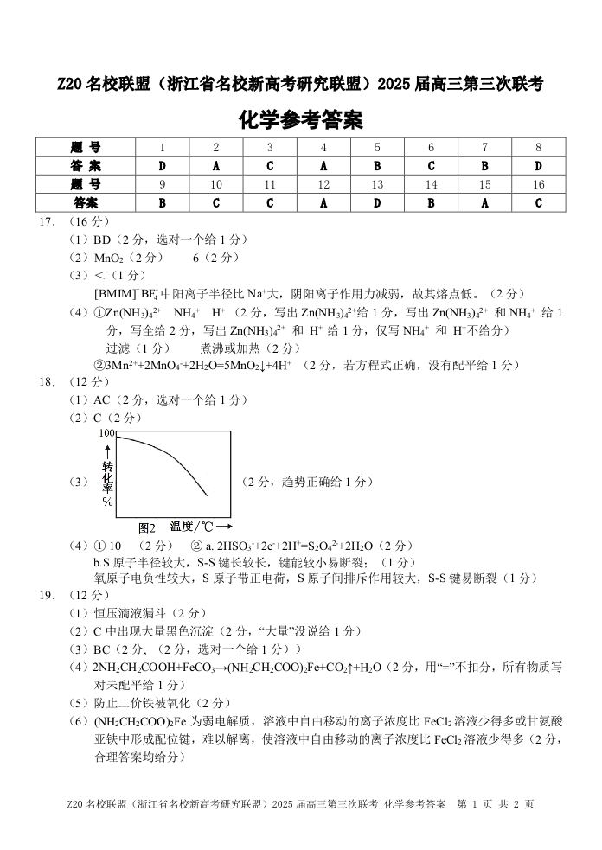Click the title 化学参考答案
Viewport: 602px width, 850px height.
pos(300,118)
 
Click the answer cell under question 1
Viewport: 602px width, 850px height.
pos(162,165)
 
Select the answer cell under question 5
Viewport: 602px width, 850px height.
pos(377,165)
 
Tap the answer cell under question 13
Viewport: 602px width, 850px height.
pos(377,203)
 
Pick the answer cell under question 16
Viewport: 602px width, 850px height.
pos(538,203)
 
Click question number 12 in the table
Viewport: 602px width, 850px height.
pos(323,184)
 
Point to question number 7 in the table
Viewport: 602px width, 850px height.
pos(484,147)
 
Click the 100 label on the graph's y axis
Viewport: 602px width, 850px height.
pos(106,432)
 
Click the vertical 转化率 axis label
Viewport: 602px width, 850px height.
pos(108,481)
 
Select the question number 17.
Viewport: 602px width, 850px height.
pos(48,222)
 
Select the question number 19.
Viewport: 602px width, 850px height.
pos(48,595)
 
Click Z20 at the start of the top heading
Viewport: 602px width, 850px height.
pos(71,84)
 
